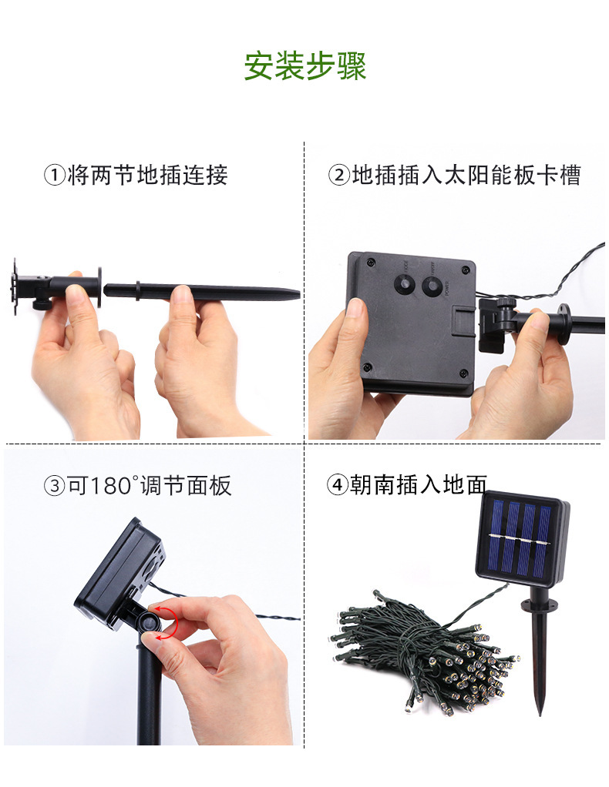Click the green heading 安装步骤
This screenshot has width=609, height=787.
305,65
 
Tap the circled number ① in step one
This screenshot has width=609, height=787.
54,176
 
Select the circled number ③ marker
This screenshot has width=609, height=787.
54,486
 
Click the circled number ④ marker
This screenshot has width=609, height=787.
337,485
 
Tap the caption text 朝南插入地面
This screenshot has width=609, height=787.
419,485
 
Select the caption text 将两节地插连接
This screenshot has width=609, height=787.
147,176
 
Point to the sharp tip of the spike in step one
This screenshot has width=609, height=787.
299,294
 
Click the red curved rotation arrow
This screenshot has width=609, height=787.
172,622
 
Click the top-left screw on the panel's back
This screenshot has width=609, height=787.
371,262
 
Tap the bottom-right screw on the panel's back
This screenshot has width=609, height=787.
464,373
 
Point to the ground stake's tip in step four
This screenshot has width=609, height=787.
540,713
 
